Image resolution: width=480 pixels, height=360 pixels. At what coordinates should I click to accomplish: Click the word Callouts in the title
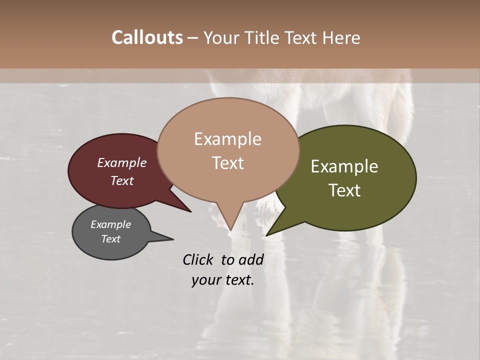coord(147,37)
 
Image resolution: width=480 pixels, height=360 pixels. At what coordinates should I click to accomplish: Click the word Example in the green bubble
coord(344,166)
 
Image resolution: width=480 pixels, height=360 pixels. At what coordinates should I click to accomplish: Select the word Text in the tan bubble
coord(228,163)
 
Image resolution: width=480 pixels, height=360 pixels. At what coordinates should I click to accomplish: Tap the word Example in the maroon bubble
coord(122,162)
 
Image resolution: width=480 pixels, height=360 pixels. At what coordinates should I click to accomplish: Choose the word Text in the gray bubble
coord(111,239)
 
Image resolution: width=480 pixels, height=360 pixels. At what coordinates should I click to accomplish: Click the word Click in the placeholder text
coord(198,259)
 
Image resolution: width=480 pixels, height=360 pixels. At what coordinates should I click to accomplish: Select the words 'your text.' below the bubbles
coord(223,280)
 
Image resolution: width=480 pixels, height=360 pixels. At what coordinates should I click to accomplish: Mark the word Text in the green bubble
coord(344,190)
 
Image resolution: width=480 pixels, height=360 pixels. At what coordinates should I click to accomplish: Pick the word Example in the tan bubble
coord(228,139)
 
